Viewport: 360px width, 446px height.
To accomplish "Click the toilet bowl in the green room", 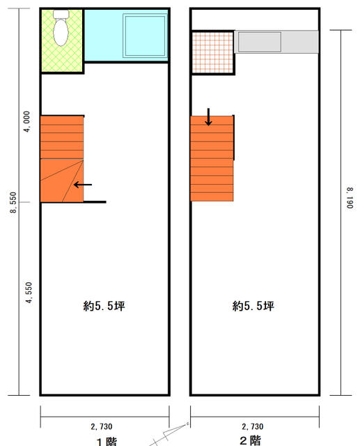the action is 61,32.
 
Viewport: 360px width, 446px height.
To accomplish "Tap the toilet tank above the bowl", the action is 61,14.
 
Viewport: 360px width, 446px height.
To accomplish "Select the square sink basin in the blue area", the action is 145,36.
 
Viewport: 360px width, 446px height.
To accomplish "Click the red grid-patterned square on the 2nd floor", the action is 212,52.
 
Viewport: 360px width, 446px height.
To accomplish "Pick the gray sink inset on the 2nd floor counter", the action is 260,42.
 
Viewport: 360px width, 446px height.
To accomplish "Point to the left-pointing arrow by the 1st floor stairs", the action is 83,185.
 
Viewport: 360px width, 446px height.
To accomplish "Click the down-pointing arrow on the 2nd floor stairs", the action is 209,117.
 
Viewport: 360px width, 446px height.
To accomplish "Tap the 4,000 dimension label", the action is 26,122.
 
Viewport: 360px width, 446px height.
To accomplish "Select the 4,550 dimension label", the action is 29,293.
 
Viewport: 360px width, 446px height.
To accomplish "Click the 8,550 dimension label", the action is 13,203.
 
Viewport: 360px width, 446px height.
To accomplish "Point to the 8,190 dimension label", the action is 350,198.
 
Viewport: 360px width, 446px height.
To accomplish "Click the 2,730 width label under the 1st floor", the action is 102,426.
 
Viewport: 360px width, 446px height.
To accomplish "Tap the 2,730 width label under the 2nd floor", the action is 253,426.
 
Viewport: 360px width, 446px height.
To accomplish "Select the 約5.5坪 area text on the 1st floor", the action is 104,306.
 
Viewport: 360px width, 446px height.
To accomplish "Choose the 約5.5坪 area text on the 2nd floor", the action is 253,306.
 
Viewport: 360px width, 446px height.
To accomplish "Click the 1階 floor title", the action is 107,442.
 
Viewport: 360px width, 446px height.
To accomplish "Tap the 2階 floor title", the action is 250,440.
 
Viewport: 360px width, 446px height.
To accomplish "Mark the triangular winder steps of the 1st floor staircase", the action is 62,180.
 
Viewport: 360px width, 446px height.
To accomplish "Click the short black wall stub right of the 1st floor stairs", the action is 95,202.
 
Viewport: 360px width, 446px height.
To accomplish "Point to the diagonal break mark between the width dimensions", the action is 169,434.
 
